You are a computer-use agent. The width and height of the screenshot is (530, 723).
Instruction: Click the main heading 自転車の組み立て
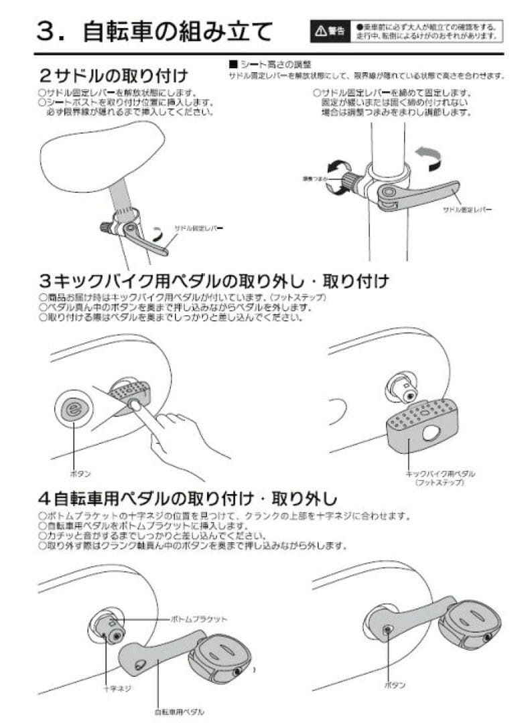tap(178, 31)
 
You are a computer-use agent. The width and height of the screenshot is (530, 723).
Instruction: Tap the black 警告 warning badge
tap(330, 31)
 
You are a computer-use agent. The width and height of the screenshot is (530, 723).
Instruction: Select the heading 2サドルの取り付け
tap(113, 73)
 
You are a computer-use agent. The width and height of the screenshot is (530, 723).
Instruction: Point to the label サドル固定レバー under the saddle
tap(198, 228)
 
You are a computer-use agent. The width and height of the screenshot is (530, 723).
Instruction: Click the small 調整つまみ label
tap(314, 180)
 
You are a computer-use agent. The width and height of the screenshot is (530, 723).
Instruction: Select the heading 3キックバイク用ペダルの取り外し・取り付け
tap(214, 280)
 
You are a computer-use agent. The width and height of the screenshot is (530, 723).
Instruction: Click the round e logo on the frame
tap(73, 409)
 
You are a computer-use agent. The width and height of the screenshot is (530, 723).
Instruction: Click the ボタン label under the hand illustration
tap(80, 473)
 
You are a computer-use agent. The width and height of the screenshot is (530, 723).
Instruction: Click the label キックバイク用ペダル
tap(440, 473)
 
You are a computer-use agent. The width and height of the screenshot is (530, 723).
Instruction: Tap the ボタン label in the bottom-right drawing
tap(395, 686)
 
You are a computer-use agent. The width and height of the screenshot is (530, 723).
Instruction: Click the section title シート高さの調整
tap(267, 65)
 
